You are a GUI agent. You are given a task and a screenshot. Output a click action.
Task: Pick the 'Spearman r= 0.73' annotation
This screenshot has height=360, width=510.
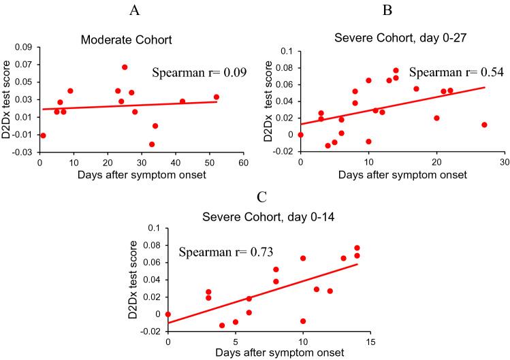(x=226, y=252)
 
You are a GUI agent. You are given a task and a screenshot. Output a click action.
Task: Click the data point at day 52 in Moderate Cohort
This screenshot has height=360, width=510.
(x=216, y=97)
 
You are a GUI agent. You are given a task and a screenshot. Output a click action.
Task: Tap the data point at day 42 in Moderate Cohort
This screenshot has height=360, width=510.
(x=182, y=101)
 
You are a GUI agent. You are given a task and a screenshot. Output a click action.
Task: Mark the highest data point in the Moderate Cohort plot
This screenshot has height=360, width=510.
(x=125, y=67)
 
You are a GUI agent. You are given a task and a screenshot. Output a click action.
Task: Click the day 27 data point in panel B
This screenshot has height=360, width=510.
(x=484, y=125)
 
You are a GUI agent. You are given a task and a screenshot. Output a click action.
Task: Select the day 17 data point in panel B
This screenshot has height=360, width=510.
(x=416, y=88)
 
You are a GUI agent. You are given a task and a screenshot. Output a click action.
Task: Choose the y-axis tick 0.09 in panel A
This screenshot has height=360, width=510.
(x=24, y=47)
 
